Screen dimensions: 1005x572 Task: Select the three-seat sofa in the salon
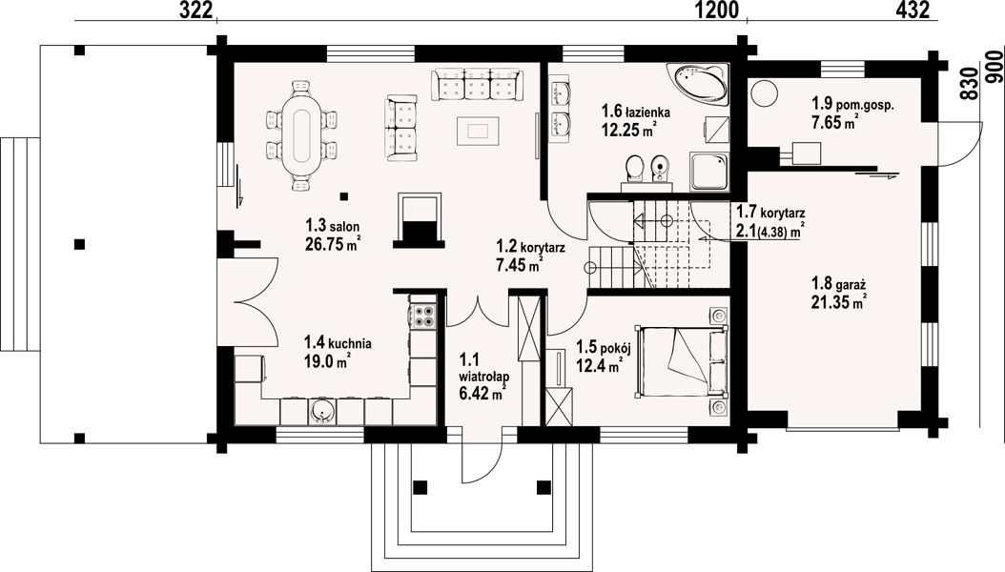coord(476,85)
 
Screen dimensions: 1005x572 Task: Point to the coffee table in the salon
coord(478,131)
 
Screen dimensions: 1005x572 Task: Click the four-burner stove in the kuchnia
coord(422,315)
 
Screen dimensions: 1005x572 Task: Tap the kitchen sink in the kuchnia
coord(321,412)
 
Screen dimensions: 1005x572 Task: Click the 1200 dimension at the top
coord(717,10)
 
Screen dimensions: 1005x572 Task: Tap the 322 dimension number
coord(195,10)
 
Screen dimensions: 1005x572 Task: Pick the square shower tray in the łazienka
coord(708,171)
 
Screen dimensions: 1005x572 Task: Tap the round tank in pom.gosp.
coord(765,93)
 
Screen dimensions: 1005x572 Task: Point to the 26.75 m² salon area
coord(333,244)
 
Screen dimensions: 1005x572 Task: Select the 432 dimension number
coord(913,10)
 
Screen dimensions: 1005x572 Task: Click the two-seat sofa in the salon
coord(401,129)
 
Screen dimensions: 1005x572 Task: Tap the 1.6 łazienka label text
coord(636,112)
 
